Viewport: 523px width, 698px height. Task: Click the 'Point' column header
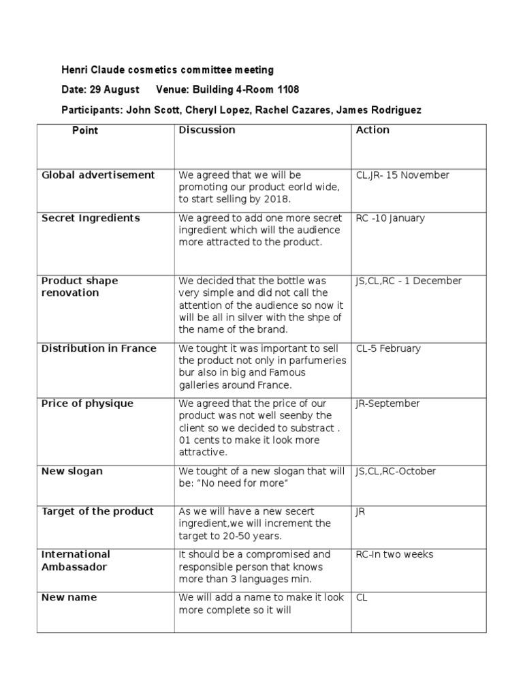click(85, 130)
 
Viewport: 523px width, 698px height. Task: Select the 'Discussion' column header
click(207, 130)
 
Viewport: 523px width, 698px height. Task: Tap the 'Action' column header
click(373, 130)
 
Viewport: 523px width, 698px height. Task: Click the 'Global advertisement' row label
click(98, 175)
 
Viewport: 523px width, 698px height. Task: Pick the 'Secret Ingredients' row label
click(91, 218)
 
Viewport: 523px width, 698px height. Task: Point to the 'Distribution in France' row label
click(99, 348)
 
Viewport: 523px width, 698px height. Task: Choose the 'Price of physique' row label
click(88, 404)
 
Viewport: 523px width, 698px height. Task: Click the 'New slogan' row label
click(72, 471)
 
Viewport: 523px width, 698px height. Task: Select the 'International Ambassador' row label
click(76, 560)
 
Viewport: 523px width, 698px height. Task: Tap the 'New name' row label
click(69, 597)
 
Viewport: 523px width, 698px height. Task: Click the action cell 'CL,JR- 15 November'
click(402, 175)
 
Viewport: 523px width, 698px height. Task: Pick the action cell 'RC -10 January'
click(390, 218)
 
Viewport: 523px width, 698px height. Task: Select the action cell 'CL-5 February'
click(388, 348)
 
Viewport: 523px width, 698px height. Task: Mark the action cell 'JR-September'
click(387, 404)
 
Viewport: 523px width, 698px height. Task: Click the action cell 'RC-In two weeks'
click(394, 554)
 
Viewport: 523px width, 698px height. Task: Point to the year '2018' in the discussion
click(276, 199)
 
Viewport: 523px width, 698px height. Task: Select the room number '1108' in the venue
click(286, 89)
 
